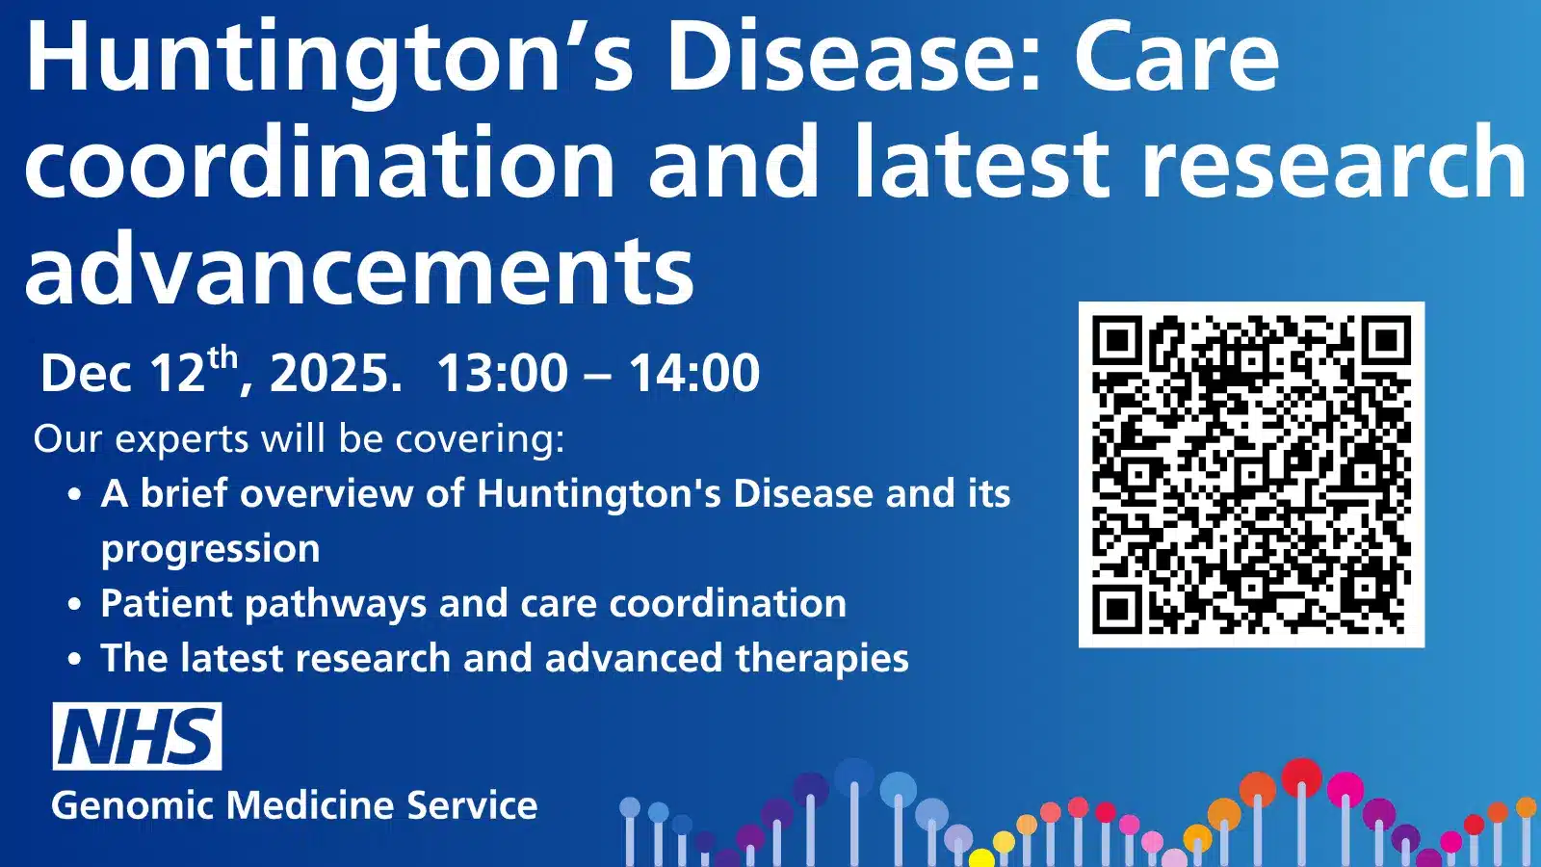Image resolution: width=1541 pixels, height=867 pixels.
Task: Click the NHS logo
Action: click(x=137, y=736)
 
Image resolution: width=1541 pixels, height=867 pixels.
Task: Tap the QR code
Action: click(x=1251, y=474)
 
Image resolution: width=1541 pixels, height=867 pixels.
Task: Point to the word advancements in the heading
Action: click(x=358, y=272)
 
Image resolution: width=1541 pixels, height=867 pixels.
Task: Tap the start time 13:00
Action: click(x=502, y=374)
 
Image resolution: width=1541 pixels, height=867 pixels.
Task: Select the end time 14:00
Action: click(x=694, y=374)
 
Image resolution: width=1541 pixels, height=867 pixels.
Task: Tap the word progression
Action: click(x=210, y=549)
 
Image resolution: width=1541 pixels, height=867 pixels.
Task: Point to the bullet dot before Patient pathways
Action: click(x=75, y=605)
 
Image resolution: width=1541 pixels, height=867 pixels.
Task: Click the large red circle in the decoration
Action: click(x=1302, y=777)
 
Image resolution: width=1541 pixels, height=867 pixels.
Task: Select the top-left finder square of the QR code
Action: click(x=1117, y=340)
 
